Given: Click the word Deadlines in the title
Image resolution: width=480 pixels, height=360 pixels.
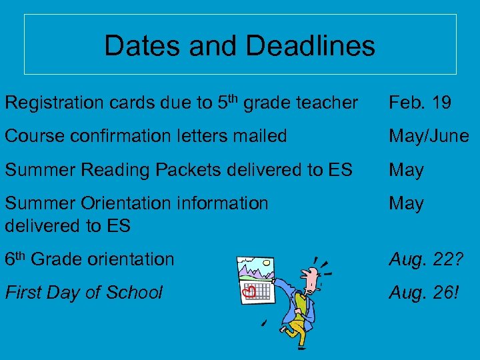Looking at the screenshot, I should [310, 46].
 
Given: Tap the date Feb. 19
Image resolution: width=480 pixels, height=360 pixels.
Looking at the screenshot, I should [420, 103].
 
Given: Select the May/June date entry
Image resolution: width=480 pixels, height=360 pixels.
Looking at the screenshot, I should [429, 136].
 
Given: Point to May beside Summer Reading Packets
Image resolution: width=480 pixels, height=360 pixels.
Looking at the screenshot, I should [406, 170].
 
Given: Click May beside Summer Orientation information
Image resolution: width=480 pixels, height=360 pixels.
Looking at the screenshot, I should [406, 203].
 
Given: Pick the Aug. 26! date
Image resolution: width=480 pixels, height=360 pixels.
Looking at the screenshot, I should [424, 292].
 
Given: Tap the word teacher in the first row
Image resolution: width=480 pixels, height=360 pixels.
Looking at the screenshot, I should [325, 103].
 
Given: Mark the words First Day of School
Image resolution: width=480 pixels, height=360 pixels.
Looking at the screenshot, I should [83, 292].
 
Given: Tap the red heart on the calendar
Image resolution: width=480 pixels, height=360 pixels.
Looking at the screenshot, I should [249, 291].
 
